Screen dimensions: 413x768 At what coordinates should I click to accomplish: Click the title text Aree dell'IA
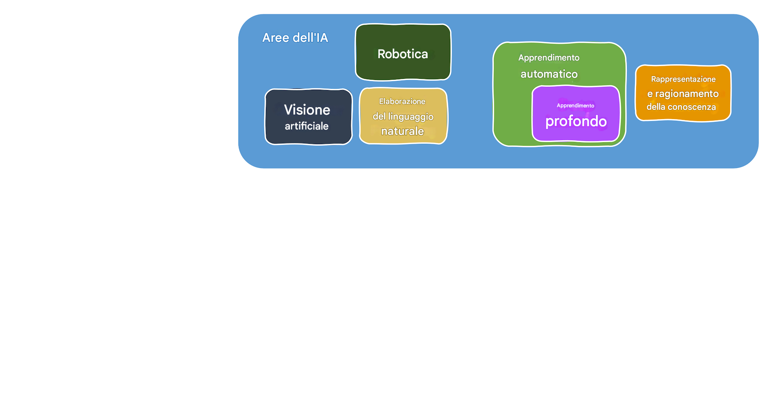pyautogui.click(x=295, y=38)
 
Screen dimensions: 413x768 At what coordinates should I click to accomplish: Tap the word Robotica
pyautogui.click(x=403, y=54)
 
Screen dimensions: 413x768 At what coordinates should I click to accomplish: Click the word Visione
pyautogui.click(x=307, y=110)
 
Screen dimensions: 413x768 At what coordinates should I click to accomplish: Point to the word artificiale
pyautogui.click(x=306, y=126)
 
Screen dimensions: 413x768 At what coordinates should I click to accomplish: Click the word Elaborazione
pyautogui.click(x=402, y=102)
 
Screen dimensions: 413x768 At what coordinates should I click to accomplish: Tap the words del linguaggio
pyautogui.click(x=403, y=117)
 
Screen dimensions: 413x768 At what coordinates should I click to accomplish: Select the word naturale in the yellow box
pyautogui.click(x=402, y=131)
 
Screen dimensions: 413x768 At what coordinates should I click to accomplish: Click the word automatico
pyautogui.click(x=549, y=74)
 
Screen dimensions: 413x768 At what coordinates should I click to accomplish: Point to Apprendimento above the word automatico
pyautogui.click(x=549, y=58)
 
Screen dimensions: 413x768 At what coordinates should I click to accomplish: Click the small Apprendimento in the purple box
pyautogui.click(x=575, y=106)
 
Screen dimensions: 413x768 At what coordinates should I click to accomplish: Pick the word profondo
pyautogui.click(x=576, y=121)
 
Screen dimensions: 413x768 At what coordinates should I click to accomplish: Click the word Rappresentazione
pyautogui.click(x=683, y=79)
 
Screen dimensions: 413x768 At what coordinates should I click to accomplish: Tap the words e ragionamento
pyautogui.click(x=683, y=94)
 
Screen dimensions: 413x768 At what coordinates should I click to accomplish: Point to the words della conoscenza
pyautogui.click(x=681, y=107)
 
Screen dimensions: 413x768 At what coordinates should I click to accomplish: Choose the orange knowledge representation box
pyautogui.click(x=683, y=115)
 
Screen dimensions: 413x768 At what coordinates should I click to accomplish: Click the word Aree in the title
pyautogui.click(x=275, y=38)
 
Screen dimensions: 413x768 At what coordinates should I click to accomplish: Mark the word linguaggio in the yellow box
pyautogui.click(x=411, y=117)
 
